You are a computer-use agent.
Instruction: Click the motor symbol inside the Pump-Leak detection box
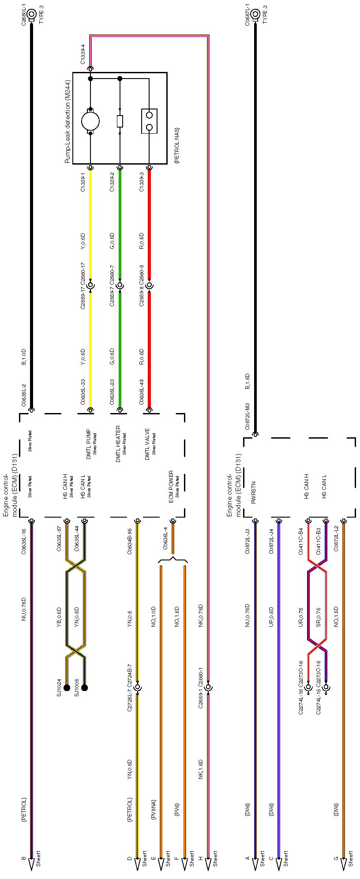point(90,121)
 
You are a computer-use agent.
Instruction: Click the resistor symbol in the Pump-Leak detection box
point(120,121)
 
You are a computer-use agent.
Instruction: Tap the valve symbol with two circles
point(149,121)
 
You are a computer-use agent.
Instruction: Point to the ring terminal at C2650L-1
point(31,14)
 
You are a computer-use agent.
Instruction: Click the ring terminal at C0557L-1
point(255,14)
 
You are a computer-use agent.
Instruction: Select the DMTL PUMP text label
point(89,443)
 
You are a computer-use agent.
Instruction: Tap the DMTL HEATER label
point(118,444)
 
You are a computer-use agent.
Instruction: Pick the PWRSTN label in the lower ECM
point(254,490)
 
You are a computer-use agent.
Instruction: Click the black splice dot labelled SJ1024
point(67,687)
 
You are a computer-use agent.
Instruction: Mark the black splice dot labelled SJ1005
point(85,687)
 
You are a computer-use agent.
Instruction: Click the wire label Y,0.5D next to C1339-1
point(83,240)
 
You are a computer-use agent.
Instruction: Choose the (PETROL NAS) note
point(177,146)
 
